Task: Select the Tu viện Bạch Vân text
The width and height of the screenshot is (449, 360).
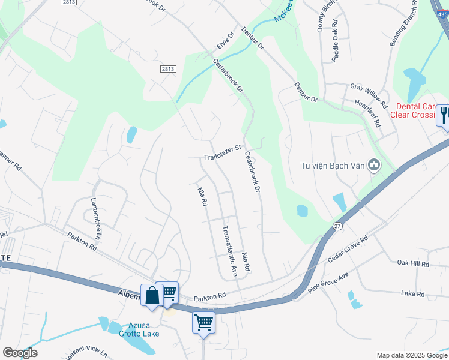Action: (x=333, y=164)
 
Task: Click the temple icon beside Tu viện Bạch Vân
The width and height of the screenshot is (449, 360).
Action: (x=375, y=164)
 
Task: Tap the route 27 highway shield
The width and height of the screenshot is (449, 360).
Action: (x=337, y=226)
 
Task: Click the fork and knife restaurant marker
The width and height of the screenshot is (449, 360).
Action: (x=444, y=114)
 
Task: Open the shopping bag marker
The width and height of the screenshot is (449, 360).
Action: (x=152, y=295)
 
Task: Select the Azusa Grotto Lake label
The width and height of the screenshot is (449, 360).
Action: (x=139, y=329)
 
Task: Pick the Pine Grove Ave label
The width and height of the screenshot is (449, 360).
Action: (x=328, y=281)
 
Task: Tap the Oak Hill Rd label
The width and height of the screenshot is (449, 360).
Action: (x=414, y=263)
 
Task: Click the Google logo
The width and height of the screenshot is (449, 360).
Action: (x=20, y=353)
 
